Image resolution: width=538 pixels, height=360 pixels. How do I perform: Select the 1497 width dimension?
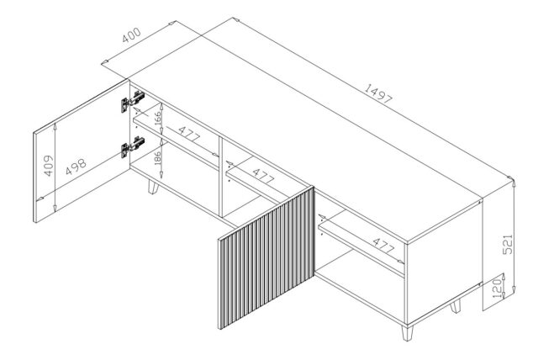(379, 97)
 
